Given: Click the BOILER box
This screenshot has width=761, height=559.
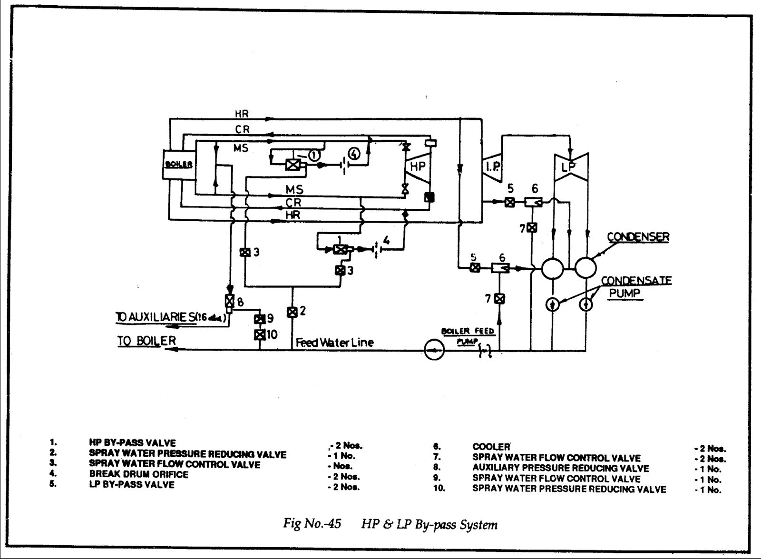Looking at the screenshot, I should tap(179, 165).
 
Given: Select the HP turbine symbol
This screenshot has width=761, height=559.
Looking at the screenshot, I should tap(418, 166).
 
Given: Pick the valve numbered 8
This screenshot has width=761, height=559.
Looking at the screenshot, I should tap(229, 301).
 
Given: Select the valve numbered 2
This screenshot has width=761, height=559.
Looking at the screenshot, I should tap(292, 312).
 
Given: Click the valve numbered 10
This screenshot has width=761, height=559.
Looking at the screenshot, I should tap(260, 334).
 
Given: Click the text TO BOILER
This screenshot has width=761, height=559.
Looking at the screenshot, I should tap(147, 341).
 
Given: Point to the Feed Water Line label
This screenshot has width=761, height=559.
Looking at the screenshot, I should tap(334, 342).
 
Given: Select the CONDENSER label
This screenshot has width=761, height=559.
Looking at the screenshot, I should tap(638, 236).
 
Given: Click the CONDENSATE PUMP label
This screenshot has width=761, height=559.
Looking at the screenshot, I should tap(636, 287).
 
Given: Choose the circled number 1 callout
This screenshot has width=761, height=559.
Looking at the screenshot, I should tap(314, 154).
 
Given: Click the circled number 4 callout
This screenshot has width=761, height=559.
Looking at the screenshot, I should tap(353, 153).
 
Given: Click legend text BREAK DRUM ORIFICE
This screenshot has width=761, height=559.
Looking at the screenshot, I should tap(138, 474).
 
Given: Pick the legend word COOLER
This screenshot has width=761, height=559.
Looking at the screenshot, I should tap(491, 447).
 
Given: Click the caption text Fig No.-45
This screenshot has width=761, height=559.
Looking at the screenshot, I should tap(312, 524).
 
